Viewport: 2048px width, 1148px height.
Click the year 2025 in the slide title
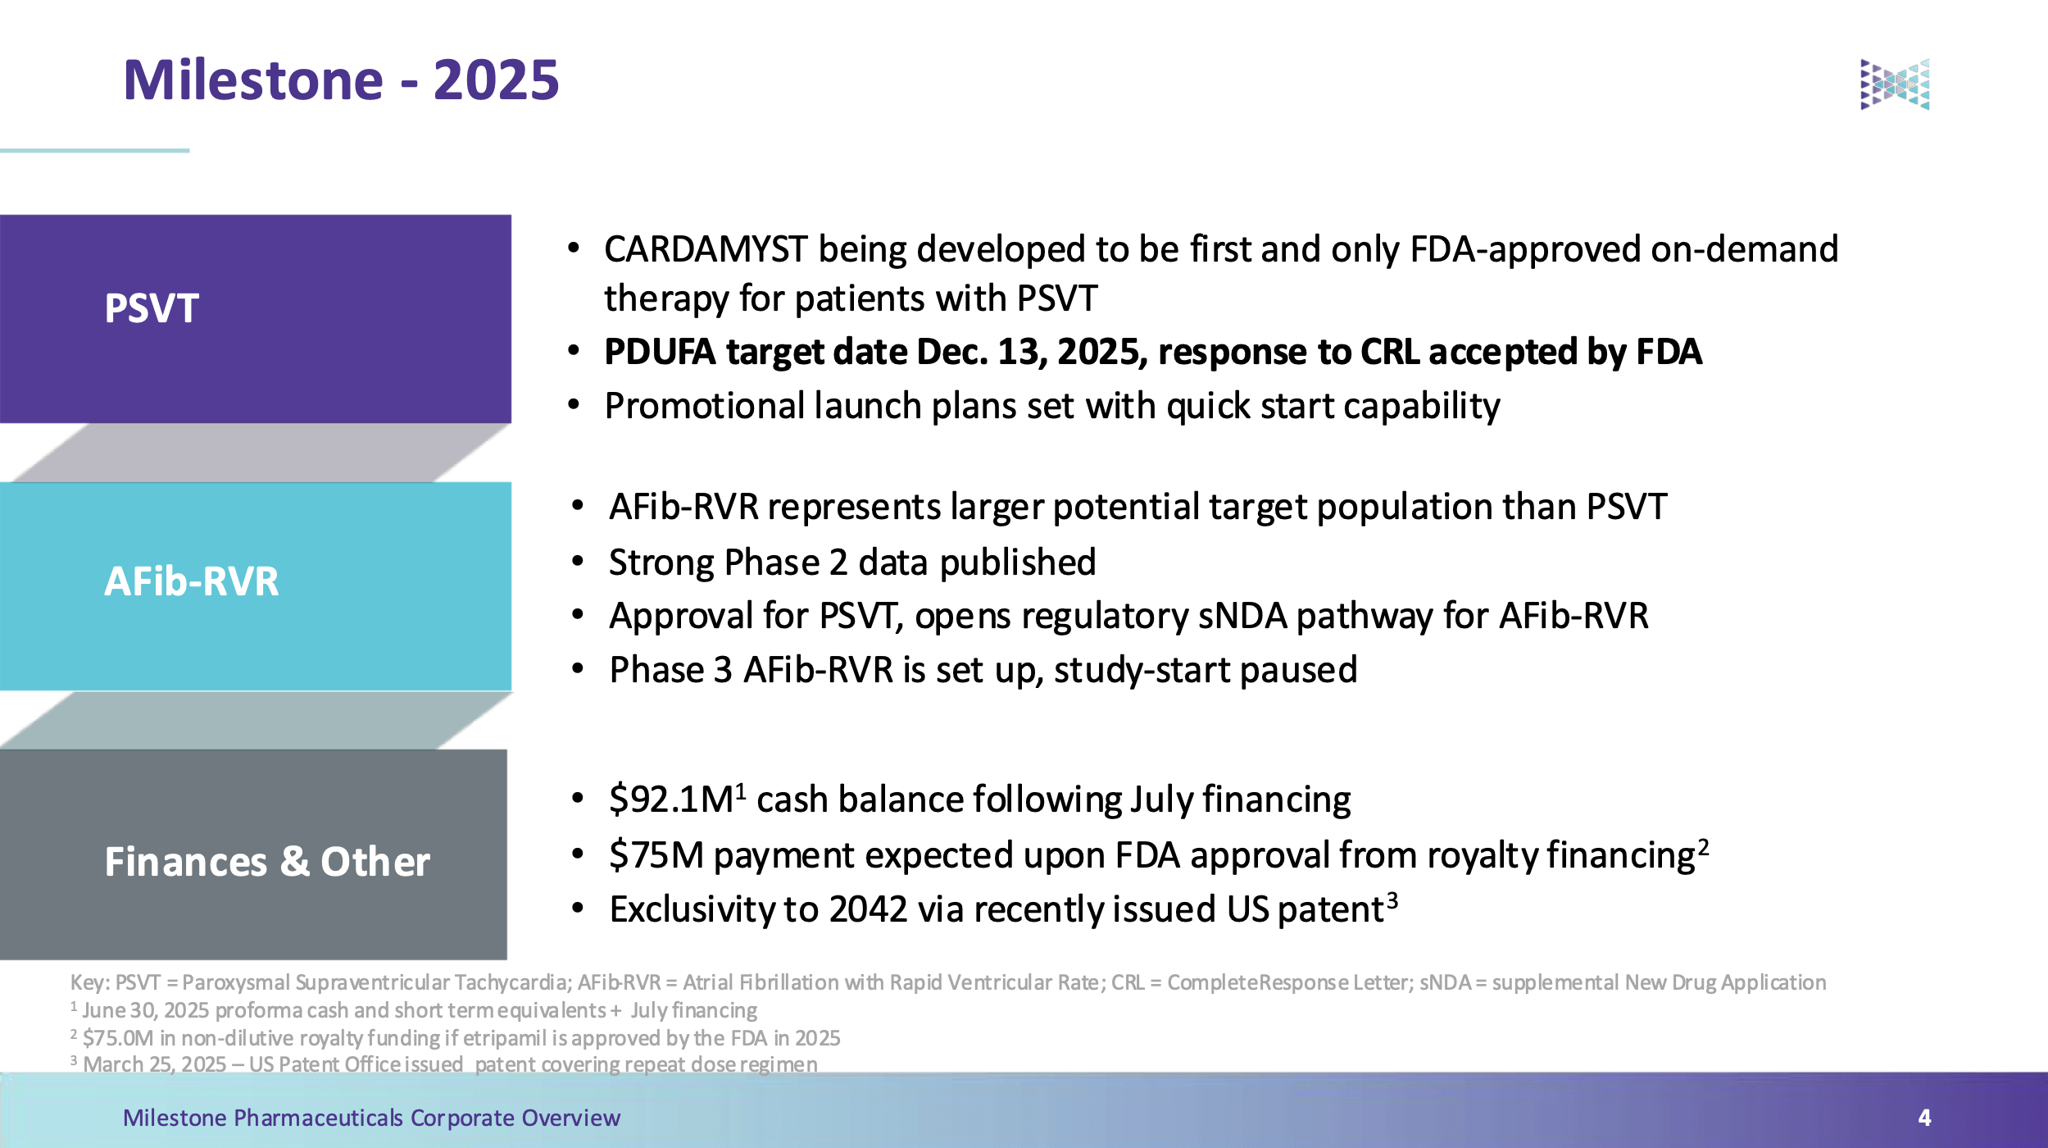pos(496,80)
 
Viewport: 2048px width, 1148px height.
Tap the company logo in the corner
pos(1894,84)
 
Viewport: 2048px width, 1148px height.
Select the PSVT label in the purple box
pos(152,309)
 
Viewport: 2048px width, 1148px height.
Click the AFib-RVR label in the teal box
pos(191,581)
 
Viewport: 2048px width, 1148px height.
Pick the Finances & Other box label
pos(266,862)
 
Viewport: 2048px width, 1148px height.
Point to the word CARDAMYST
pos(706,249)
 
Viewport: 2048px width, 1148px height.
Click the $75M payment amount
pos(656,855)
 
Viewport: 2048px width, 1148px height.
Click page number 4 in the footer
pos(1924,1118)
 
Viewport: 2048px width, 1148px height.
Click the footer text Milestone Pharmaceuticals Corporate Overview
pos(371,1118)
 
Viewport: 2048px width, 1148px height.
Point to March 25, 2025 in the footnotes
pos(154,1064)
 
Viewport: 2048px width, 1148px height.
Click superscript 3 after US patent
pos(1392,899)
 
